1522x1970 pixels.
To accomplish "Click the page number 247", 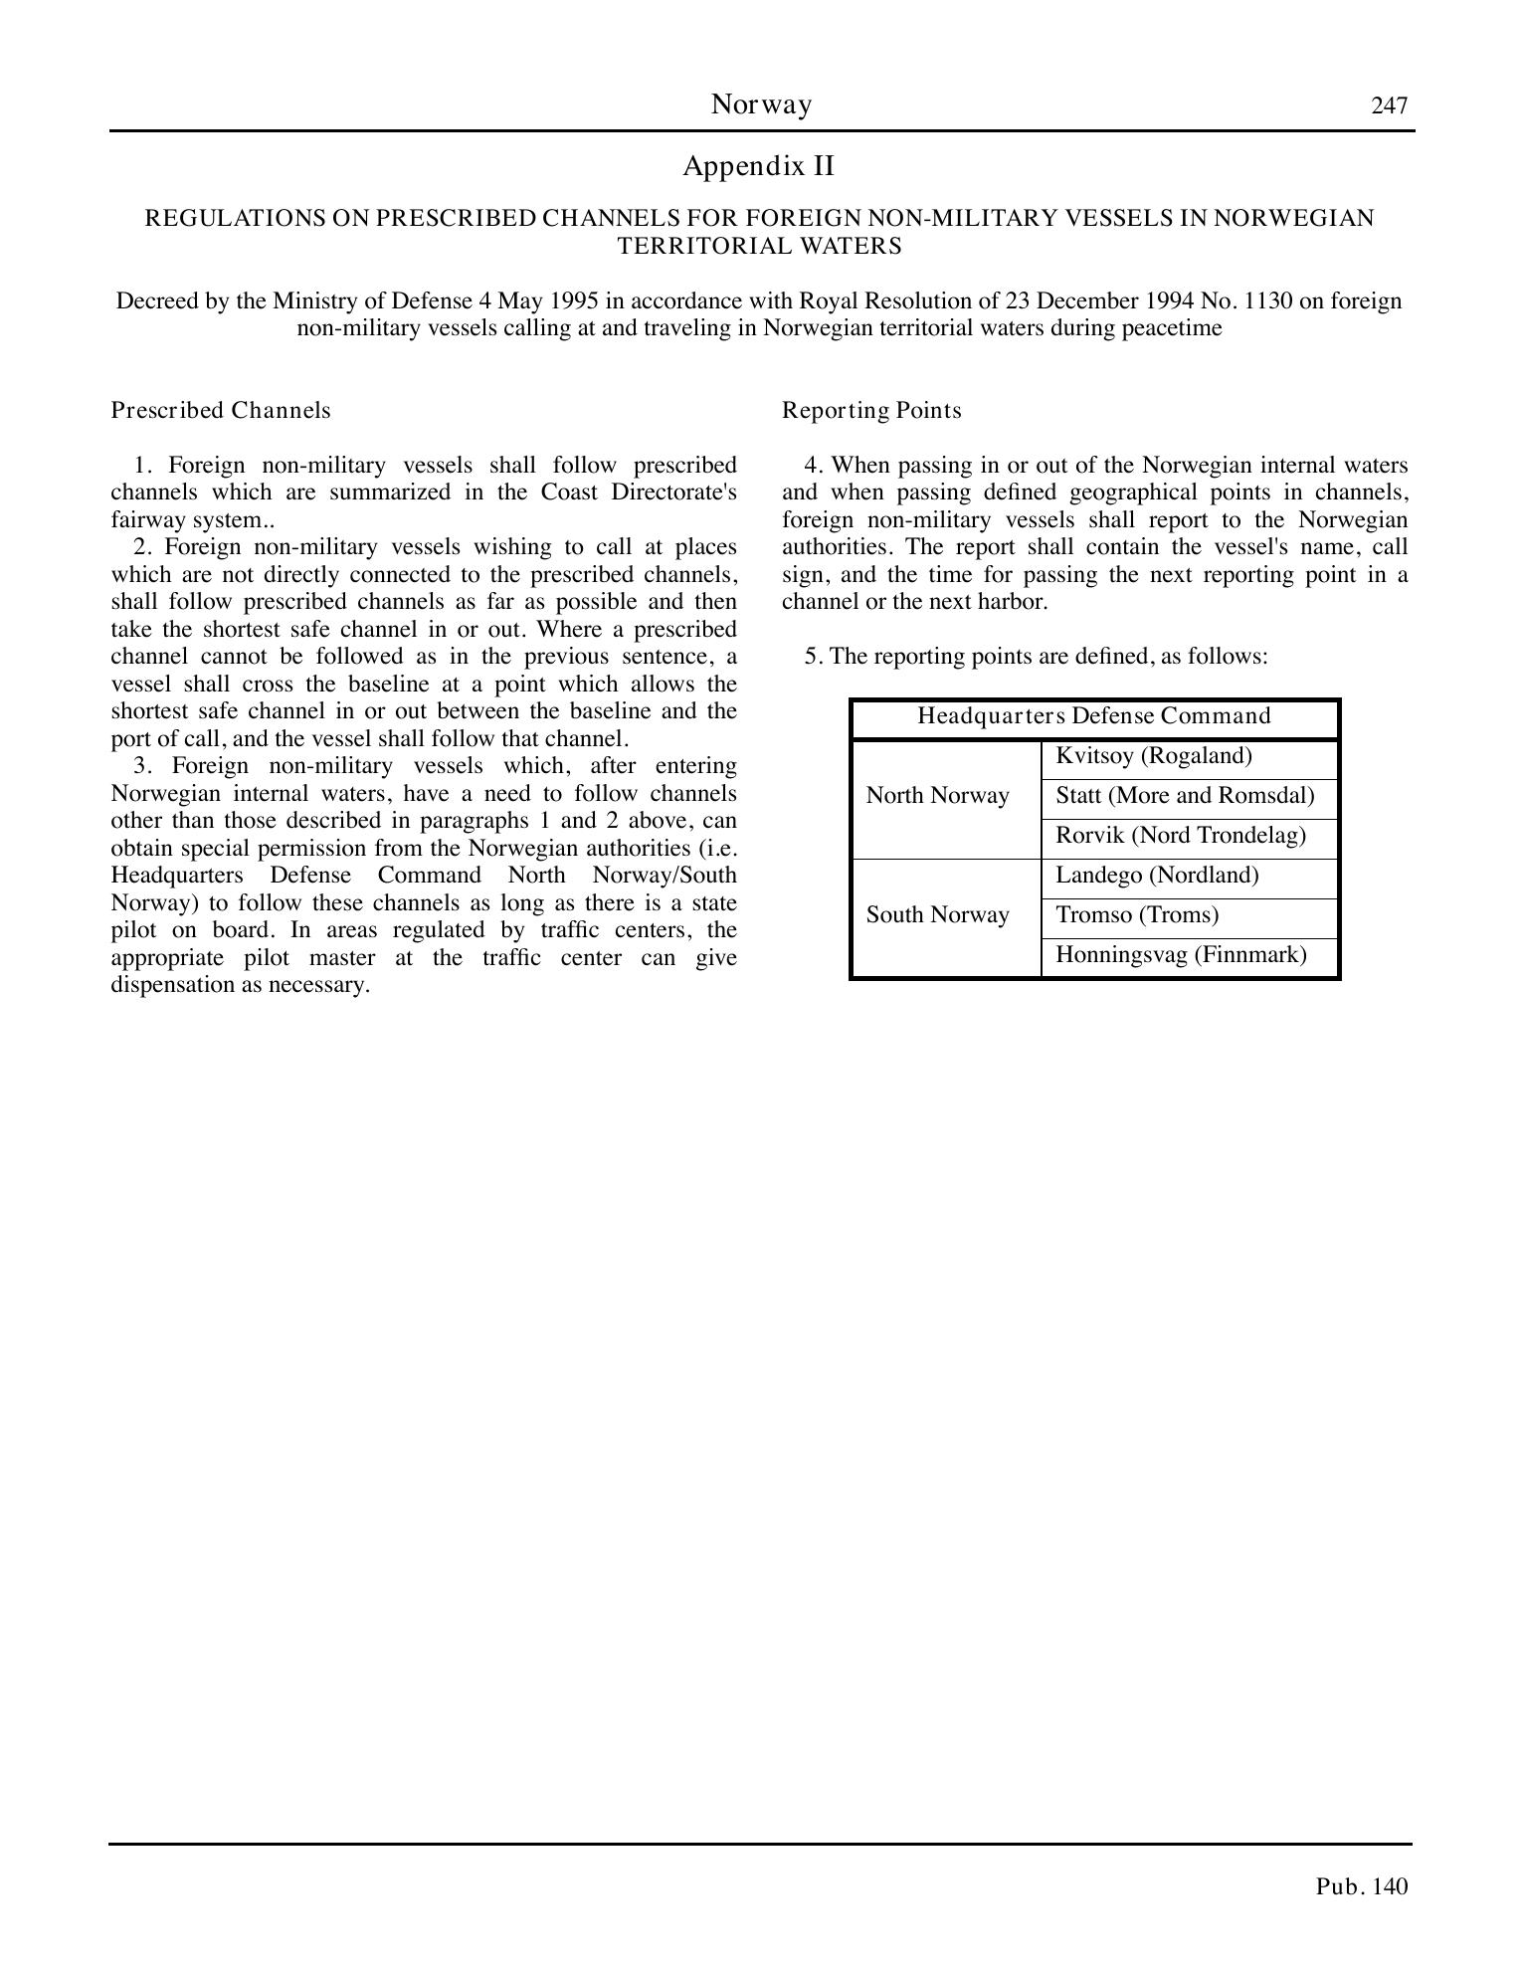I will (x=1389, y=105).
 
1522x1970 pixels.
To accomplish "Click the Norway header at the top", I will (x=761, y=104).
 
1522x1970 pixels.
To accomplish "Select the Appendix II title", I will (x=759, y=166).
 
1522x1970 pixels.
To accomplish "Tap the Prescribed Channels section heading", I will (x=221, y=410).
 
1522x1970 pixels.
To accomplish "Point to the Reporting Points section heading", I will (x=871, y=410).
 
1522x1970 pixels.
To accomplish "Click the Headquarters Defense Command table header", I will (x=1094, y=716).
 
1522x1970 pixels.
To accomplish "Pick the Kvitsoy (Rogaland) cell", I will (x=1154, y=756).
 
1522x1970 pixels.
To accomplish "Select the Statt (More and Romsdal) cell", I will (x=1185, y=796).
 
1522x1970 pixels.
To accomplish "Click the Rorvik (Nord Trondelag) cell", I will (x=1181, y=836).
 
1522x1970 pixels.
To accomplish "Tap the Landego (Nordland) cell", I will (x=1157, y=876).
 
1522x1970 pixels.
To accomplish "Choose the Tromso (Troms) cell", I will (x=1137, y=915).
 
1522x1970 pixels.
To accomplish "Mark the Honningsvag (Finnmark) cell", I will (x=1181, y=955).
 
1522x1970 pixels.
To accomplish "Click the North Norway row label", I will (x=937, y=796).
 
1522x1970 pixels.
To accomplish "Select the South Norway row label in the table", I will (x=937, y=915).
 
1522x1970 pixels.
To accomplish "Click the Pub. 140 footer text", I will (x=1362, y=1886).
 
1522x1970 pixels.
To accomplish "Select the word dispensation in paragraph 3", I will (x=171, y=985).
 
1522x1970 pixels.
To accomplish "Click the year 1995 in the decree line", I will (x=572, y=301).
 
